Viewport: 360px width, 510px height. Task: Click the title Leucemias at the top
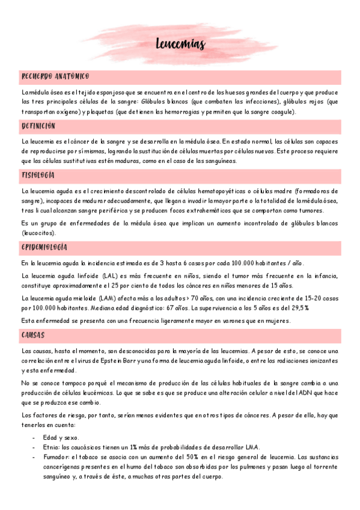[180, 45]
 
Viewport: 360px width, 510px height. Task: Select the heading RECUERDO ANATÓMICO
[55, 76]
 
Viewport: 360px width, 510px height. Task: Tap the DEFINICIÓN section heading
[38, 126]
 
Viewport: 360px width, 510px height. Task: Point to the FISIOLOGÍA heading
[38, 176]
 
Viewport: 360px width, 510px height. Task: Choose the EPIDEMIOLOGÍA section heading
[44, 247]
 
